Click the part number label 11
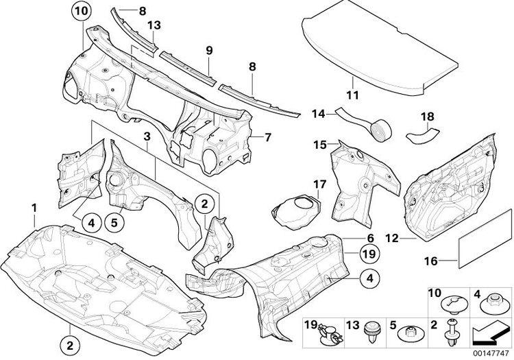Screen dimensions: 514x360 [x=353, y=95]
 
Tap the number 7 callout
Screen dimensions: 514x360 [x=268, y=137]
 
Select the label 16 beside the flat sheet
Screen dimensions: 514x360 [x=431, y=261]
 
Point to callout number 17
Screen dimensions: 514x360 [x=320, y=184]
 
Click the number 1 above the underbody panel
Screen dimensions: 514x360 [x=34, y=208]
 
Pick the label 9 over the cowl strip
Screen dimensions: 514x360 [x=209, y=51]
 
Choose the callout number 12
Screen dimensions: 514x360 [x=392, y=238]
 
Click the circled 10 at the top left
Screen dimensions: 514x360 [x=81, y=11]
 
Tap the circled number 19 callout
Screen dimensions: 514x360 [x=369, y=254]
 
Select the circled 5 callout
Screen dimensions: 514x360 [x=114, y=223]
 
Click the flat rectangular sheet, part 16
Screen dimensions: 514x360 [x=484, y=239]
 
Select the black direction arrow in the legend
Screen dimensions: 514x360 [x=491, y=333]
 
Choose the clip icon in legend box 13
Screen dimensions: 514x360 [x=371, y=331]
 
